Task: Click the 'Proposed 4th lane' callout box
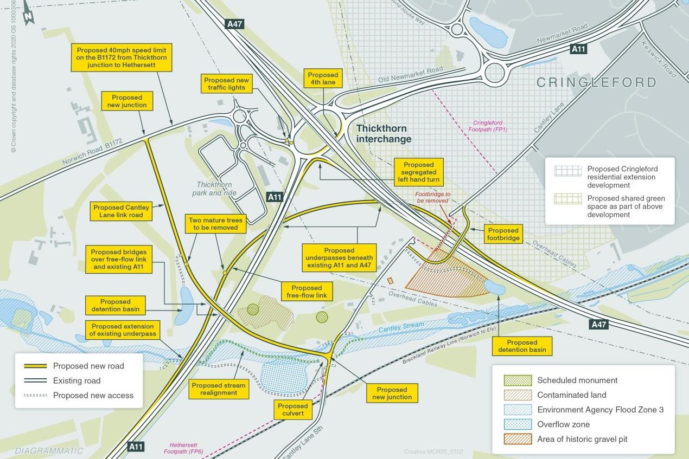click(323, 79)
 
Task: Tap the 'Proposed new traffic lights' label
click(227, 84)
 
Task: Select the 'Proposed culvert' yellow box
click(293, 410)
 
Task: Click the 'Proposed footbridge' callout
click(503, 234)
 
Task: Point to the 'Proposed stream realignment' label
click(219, 389)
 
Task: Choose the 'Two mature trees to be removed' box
click(215, 224)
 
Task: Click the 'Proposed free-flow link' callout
click(307, 292)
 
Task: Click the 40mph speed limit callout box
click(122, 57)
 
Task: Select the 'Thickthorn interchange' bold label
click(384, 134)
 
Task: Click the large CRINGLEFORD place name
click(596, 82)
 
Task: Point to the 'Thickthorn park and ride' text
click(214, 189)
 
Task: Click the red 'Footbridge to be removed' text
click(432, 197)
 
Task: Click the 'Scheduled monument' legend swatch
click(518, 380)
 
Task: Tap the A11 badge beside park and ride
click(275, 197)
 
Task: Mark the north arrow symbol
click(28, 15)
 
